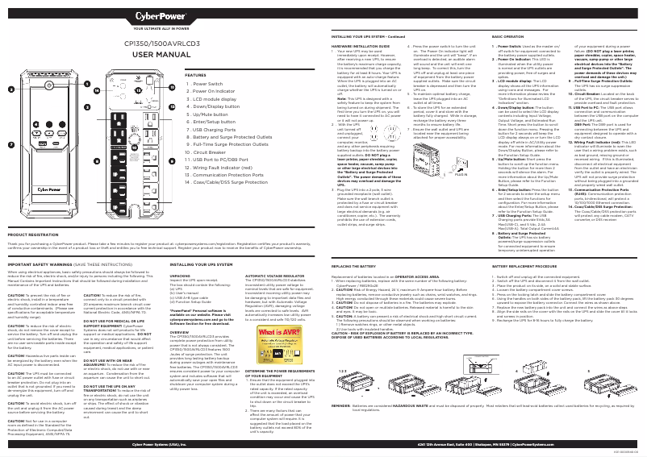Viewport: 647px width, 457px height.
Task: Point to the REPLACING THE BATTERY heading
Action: coord(354,264)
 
